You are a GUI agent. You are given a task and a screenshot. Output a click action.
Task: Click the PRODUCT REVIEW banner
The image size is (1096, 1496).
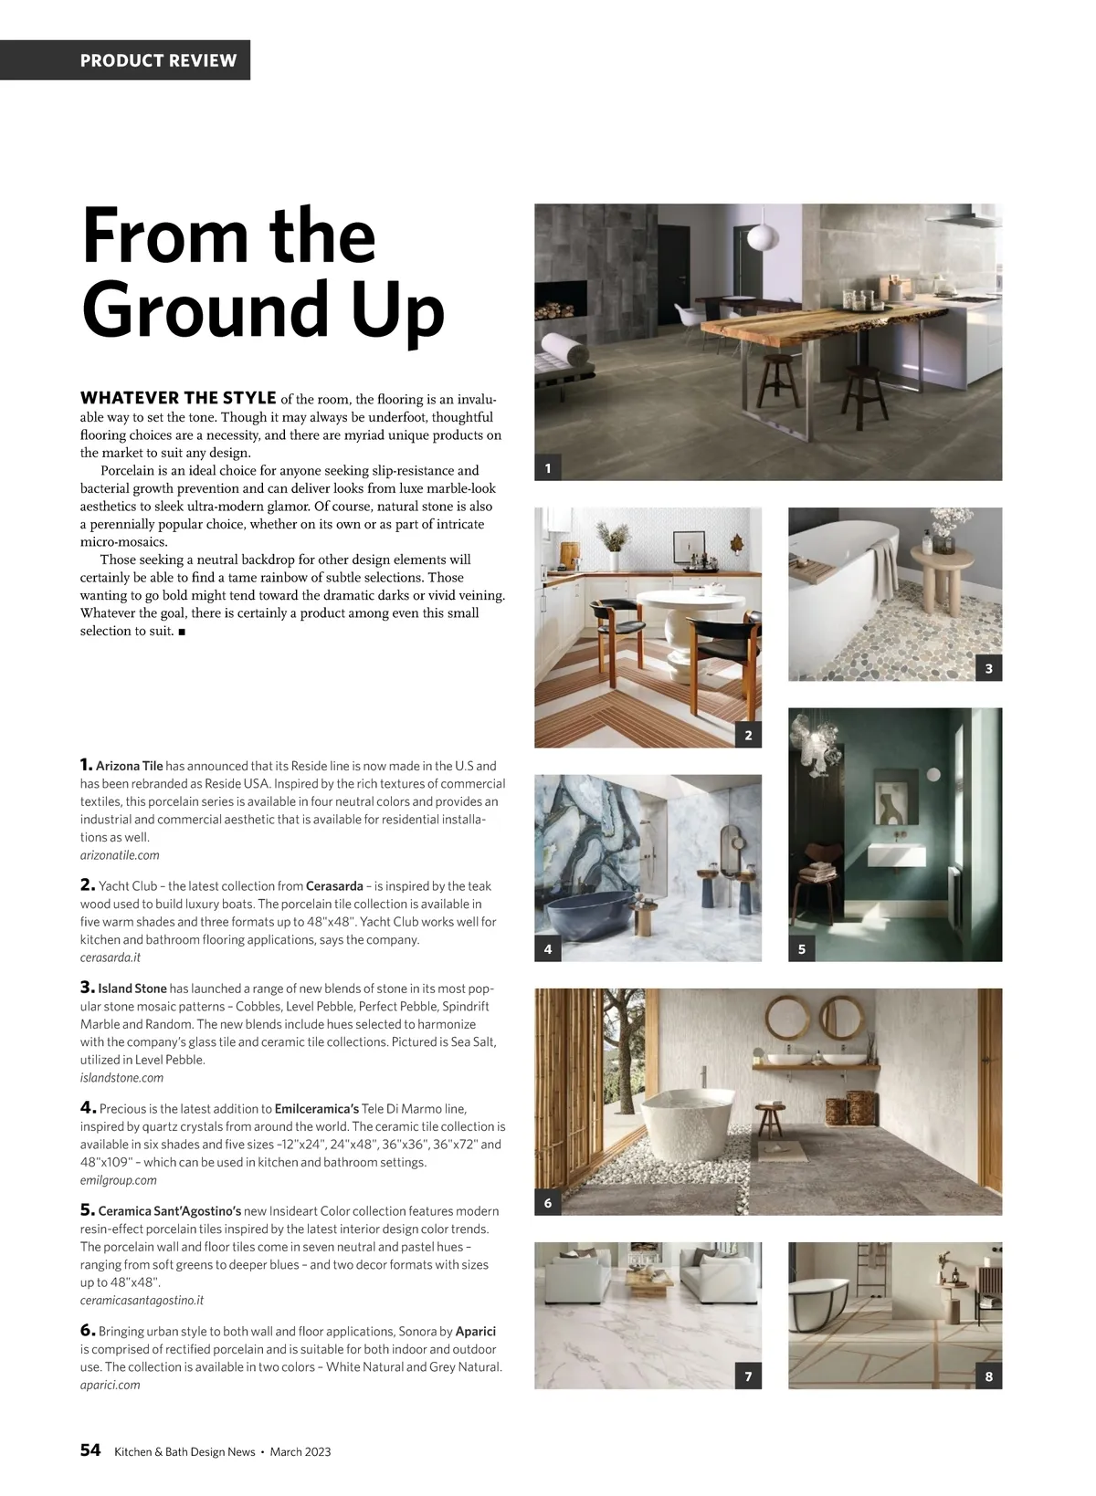click(x=158, y=60)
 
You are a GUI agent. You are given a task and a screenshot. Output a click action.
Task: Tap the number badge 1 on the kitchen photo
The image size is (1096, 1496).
click(x=547, y=468)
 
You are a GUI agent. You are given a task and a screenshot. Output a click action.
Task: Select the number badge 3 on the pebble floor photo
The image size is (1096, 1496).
click(x=988, y=669)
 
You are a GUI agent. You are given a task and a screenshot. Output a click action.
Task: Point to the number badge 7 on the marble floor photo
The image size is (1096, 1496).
click(x=748, y=1376)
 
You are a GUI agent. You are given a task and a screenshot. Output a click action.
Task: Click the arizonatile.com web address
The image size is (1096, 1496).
click(x=120, y=855)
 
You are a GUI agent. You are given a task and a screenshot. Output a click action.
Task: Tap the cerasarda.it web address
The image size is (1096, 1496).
click(x=111, y=957)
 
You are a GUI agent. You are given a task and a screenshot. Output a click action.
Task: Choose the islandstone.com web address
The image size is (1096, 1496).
click(x=121, y=1078)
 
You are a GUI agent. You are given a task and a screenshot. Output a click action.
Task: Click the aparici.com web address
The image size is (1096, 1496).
click(x=110, y=1385)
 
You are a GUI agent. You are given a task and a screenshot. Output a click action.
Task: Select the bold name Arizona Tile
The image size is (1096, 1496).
click(x=129, y=766)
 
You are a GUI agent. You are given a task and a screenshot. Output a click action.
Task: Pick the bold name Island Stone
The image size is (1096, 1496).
click(x=132, y=989)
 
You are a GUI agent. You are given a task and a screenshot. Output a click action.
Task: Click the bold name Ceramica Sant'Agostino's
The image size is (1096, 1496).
click(x=169, y=1211)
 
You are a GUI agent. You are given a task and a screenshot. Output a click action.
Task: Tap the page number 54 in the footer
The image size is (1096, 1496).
click(x=90, y=1450)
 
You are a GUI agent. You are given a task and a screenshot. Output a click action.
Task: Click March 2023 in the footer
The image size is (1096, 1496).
click(x=300, y=1451)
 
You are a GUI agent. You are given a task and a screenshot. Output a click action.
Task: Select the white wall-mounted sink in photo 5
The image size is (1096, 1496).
click(x=896, y=855)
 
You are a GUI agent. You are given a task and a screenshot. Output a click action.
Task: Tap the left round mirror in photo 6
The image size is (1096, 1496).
click(x=785, y=1017)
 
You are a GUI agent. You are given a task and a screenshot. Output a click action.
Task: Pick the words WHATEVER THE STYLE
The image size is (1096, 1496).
click(x=178, y=398)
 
